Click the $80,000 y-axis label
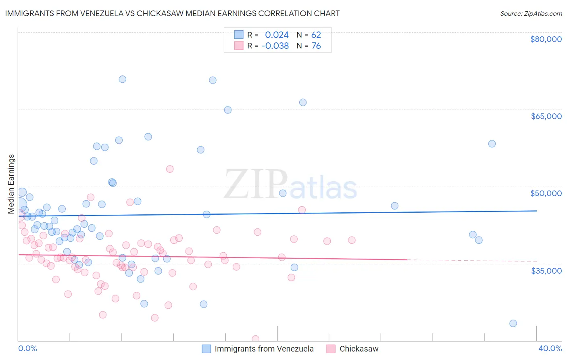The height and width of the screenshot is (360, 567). [x=546, y=39]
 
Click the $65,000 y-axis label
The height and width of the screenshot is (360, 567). [x=546, y=116]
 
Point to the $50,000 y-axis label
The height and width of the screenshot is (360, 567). [x=546, y=193]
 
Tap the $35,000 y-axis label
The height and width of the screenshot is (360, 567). [x=546, y=271]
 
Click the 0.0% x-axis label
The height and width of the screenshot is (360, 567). [x=27, y=348]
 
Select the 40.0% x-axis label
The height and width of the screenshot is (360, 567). [x=550, y=348]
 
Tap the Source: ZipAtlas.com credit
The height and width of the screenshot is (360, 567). [x=531, y=13]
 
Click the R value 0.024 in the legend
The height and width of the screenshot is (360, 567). [x=277, y=35]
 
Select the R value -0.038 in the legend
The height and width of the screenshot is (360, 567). [x=275, y=46]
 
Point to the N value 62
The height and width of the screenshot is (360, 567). [x=316, y=35]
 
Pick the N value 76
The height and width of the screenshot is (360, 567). [x=316, y=46]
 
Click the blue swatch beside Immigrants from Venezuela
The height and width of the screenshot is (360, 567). [x=206, y=349]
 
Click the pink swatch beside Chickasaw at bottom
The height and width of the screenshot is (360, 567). [x=331, y=349]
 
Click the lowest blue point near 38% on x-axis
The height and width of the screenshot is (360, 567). [x=513, y=323]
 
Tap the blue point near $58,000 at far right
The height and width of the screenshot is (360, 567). [x=492, y=144]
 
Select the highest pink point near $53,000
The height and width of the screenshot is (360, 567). [x=170, y=169]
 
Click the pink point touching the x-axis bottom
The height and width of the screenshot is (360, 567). [x=255, y=339]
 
